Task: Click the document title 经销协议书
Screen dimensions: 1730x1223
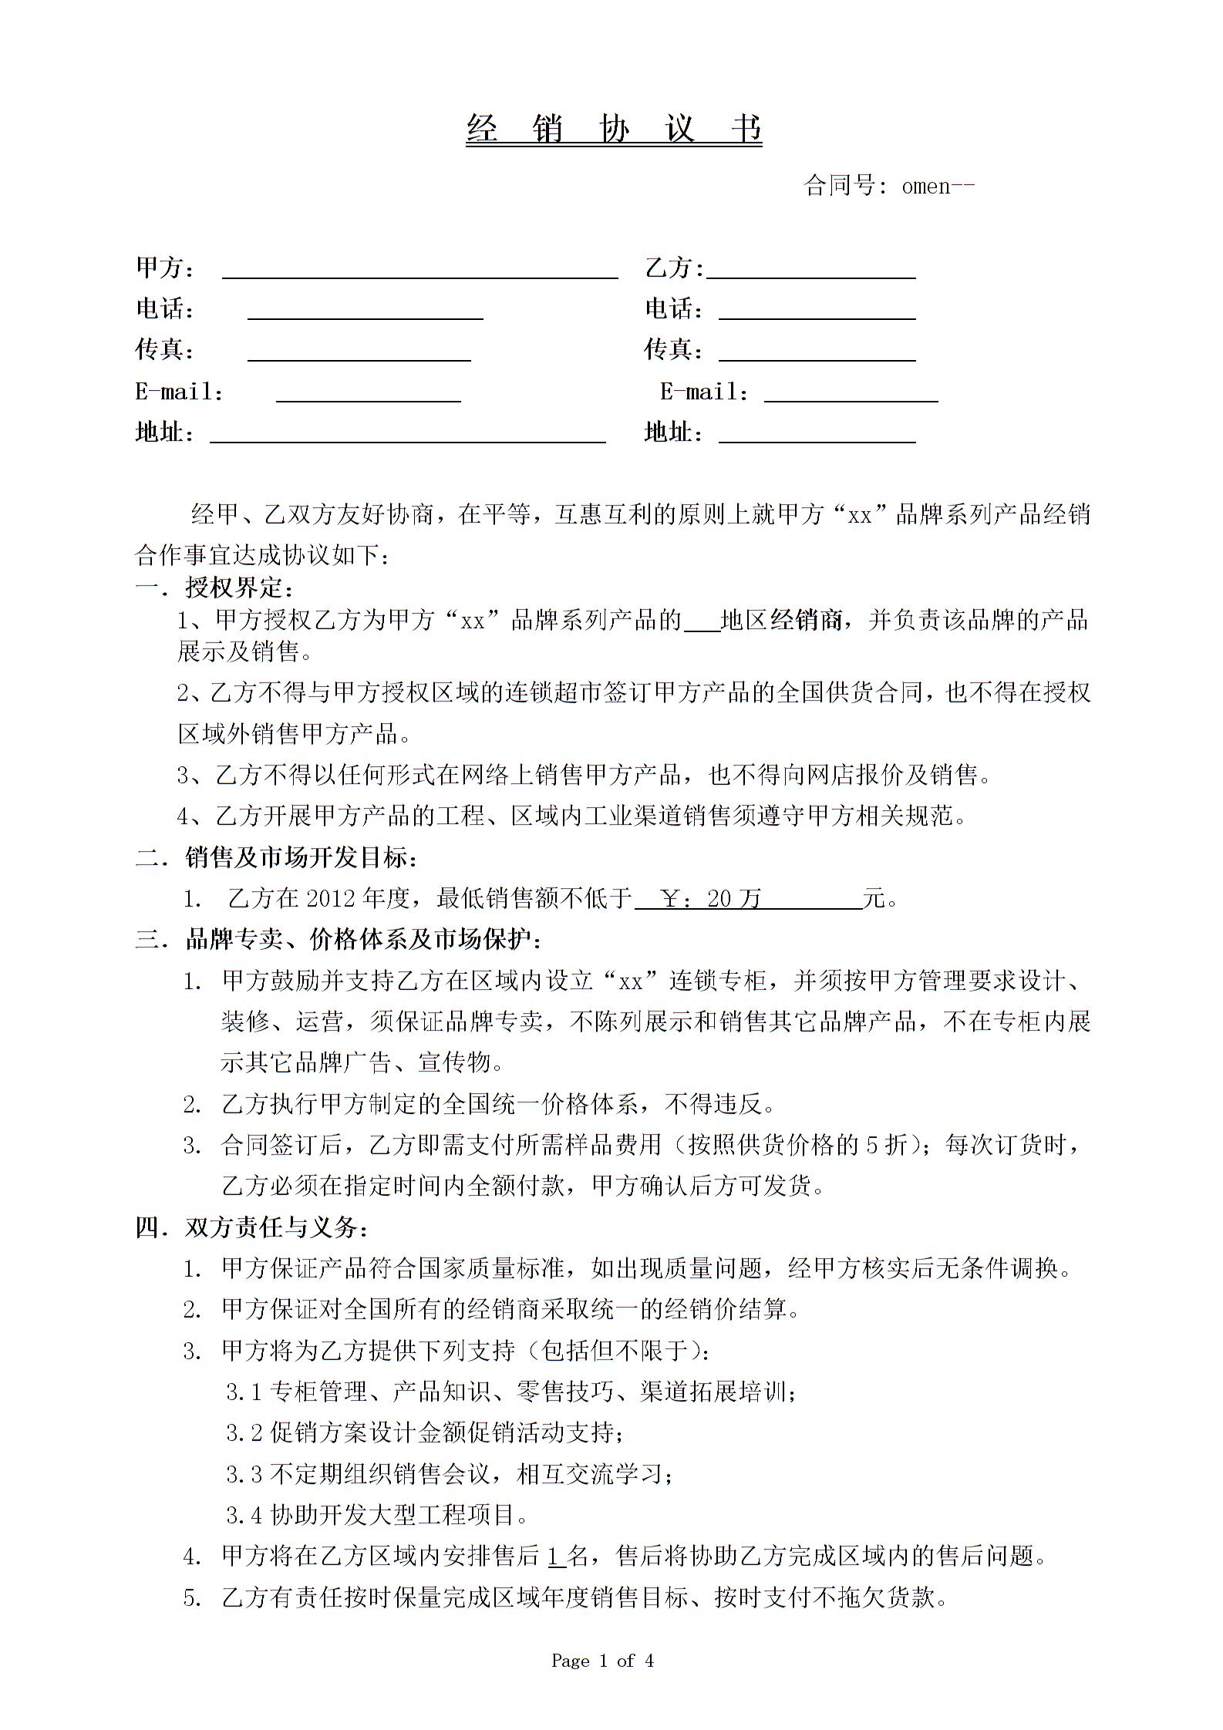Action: coord(614,129)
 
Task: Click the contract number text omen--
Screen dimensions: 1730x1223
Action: coord(938,186)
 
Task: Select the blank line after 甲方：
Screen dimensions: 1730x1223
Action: coord(419,271)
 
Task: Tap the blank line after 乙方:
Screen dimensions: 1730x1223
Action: coord(810,271)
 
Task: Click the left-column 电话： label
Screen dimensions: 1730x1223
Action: coord(165,309)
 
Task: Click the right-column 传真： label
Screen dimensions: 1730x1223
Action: coord(674,350)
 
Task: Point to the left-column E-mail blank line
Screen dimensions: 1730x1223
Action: coord(368,395)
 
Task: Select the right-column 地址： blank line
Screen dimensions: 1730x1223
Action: coord(817,436)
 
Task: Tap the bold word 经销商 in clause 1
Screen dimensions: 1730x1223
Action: coord(805,620)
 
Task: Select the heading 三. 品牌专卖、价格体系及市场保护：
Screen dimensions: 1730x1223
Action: coord(339,939)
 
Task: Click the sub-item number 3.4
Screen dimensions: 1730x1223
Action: coord(244,1516)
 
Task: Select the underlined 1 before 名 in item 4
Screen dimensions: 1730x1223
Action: coord(554,1557)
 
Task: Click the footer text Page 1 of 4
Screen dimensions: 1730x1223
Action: coord(602,1661)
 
